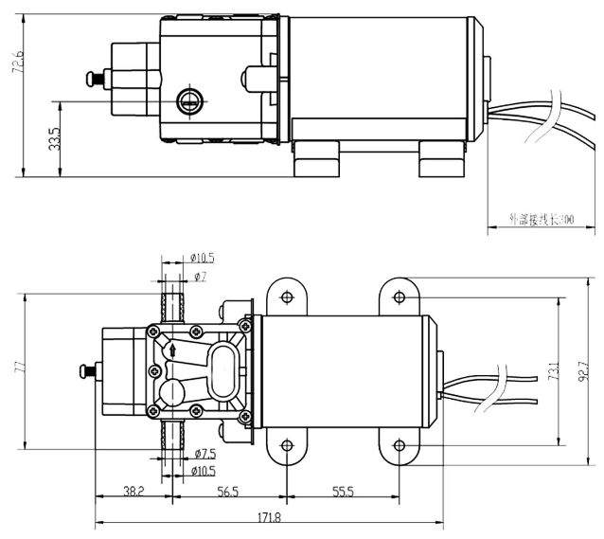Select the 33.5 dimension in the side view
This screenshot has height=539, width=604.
(x=54, y=139)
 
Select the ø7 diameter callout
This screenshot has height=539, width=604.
(x=200, y=276)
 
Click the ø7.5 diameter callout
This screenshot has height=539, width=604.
(x=205, y=453)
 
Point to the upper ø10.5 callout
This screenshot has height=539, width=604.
(x=203, y=258)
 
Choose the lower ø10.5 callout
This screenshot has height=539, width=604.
(x=204, y=470)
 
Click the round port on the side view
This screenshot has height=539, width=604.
(x=189, y=98)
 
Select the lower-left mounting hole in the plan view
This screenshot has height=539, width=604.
(x=285, y=446)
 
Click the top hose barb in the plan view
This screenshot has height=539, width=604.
(x=172, y=306)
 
